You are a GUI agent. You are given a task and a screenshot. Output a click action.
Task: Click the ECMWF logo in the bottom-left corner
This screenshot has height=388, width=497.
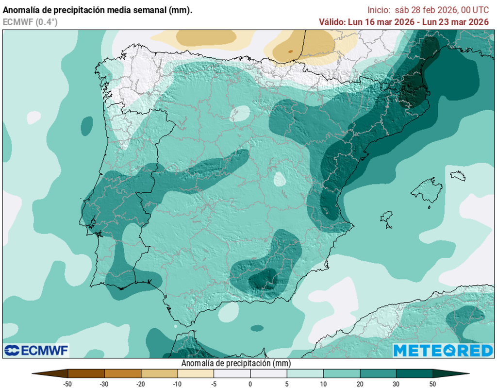click(x=36, y=350)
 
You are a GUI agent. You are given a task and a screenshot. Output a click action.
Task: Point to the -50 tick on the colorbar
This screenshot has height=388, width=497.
click(x=68, y=384)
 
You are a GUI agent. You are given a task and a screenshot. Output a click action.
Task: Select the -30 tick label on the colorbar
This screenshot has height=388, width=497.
click(x=104, y=384)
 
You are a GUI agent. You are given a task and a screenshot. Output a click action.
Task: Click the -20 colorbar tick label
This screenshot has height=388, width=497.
click(x=141, y=384)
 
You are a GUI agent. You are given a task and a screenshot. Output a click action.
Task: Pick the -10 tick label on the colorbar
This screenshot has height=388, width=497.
click(x=177, y=384)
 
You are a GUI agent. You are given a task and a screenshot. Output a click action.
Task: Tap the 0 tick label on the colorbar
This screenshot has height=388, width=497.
click(x=250, y=384)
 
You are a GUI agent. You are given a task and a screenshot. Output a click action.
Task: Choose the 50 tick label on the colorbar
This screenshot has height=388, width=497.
click(x=433, y=384)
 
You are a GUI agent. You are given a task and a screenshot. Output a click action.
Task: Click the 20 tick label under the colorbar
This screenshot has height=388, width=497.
click(x=360, y=384)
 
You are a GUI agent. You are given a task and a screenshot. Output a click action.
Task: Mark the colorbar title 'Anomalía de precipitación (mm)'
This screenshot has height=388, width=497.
click(x=236, y=363)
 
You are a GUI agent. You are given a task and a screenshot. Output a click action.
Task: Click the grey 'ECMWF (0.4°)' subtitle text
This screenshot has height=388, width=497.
click(x=30, y=21)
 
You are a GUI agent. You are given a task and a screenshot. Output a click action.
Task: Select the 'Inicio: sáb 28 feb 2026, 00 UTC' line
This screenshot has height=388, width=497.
click(x=428, y=10)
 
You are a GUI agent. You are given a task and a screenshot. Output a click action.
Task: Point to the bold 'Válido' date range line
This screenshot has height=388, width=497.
click(x=403, y=22)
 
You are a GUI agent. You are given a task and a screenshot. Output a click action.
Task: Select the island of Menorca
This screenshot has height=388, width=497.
click(x=458, y=175)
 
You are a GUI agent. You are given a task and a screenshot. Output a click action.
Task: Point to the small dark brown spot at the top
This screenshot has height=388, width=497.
click(x=290, y=51)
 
